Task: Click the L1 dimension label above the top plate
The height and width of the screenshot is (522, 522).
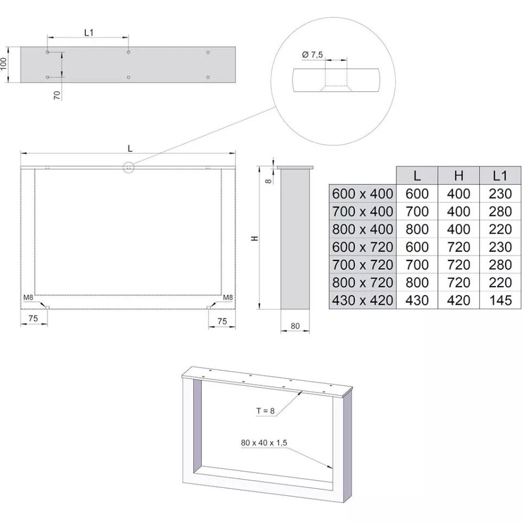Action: (88, 33)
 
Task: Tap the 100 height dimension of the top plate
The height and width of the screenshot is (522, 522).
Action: (3, 63)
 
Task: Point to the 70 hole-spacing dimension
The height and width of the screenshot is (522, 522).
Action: (57, 95)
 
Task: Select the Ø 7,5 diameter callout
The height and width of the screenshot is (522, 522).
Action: (312, 55)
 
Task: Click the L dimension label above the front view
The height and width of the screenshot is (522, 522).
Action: (130, 149)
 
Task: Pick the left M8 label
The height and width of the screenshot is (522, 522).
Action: (28, 297)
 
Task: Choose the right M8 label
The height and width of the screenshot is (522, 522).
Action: (228, 297)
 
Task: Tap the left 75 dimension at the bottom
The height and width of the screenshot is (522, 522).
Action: (33, 319)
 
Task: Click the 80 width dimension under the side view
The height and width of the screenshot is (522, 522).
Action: (295, 326)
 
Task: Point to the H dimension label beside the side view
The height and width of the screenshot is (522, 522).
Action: (254, 238)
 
